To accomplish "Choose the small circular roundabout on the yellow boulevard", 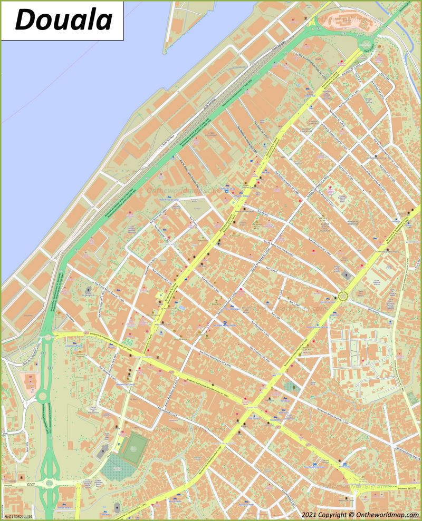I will [x=343, y=297].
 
